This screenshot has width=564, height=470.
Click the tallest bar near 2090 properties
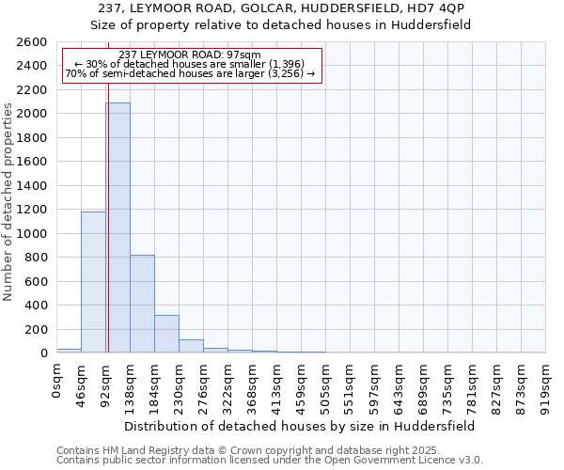(x=117, y=227)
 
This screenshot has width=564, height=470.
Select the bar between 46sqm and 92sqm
(x=93, y=282)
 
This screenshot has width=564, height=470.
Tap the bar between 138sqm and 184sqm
(x=142, y=304)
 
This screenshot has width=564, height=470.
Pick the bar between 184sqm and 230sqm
(x=166, y=334)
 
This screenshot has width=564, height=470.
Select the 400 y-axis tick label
(x=39, y=305)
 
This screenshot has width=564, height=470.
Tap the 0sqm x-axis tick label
(x=56, y=382)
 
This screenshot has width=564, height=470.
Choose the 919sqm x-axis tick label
(x=545, y=386)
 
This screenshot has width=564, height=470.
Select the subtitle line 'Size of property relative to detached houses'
(x=280, y=25)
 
